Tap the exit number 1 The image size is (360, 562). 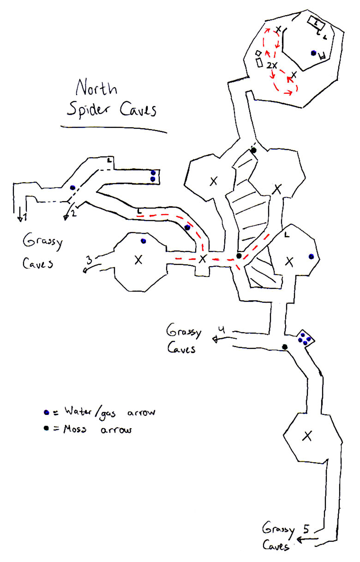pos(25,216)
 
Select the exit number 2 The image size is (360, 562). pos(73,213)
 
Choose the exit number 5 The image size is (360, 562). pos(306,528)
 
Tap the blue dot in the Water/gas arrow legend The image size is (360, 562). pos(46,412)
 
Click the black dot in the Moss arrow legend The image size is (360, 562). pos(46,429)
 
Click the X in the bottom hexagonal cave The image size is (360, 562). pos(307,435)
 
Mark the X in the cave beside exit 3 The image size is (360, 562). pos(138,260)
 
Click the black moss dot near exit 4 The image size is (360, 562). pos(285,347)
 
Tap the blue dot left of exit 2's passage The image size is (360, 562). pos(72,188)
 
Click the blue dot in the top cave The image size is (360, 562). pos(313,53)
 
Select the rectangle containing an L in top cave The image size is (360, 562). pos(317,21)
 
